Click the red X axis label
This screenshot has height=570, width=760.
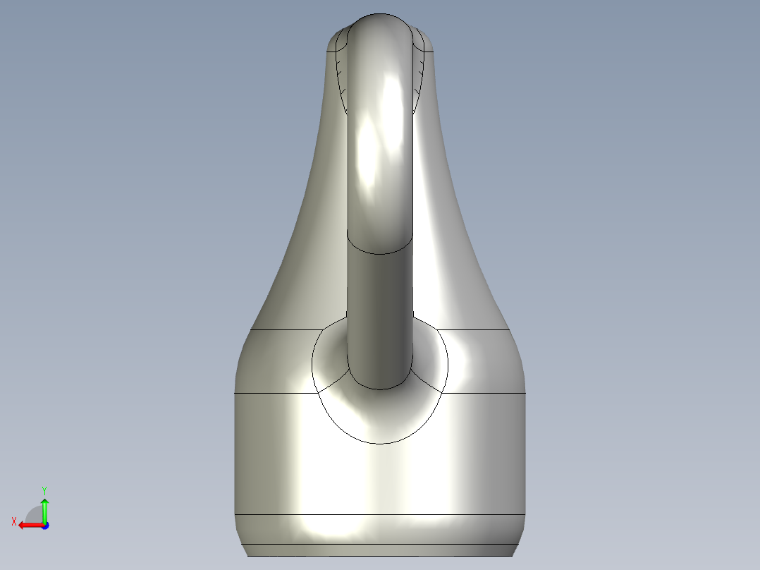coord(13,521)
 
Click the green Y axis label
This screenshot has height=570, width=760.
coord(44,489)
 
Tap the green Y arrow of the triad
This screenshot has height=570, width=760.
coord(44,508)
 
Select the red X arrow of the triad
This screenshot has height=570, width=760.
coord(28,525)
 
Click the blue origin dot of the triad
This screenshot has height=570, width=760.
coord(44,525)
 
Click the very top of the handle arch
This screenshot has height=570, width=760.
coord(379,16)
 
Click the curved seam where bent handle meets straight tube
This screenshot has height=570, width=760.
coord(379,253)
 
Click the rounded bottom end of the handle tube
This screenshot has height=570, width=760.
coord(379,387)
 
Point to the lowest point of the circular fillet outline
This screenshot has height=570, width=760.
coord(379,444)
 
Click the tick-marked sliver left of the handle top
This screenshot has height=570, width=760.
coord(341,71)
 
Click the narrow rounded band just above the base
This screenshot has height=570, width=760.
coord(379,529)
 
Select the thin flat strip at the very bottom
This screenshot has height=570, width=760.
coord(379,550)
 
